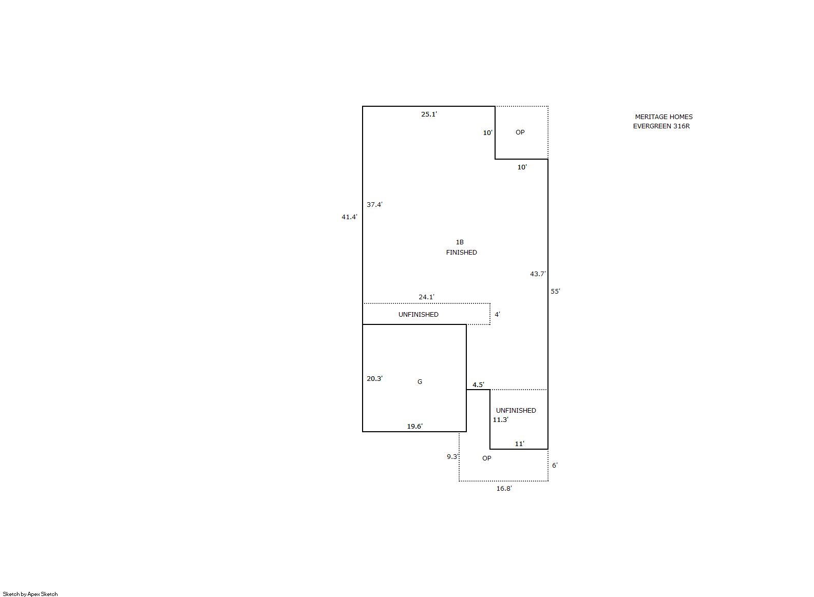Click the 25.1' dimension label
click(429, 114)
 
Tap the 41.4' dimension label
click(349, 217)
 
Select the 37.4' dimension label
click(374, 205)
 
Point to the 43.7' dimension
click(538, 274)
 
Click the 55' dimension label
click(555, 291)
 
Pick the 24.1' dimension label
click(426, 297)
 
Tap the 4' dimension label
click(497, 315)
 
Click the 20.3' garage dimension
click(374, 379)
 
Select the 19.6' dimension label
click(414, 427)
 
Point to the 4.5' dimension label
click(478, 385)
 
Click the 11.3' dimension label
click(500, 420)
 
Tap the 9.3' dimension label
click(453, 457)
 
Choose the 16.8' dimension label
click(504, 489)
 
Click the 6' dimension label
click(555, 466)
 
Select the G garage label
click(420, 381)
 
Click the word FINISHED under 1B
click(462, 253)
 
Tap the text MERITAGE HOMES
click(664, 117)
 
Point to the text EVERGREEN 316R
click(661, 126)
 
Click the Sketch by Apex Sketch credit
click(30, 594)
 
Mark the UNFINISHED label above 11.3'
click(516, 410)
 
